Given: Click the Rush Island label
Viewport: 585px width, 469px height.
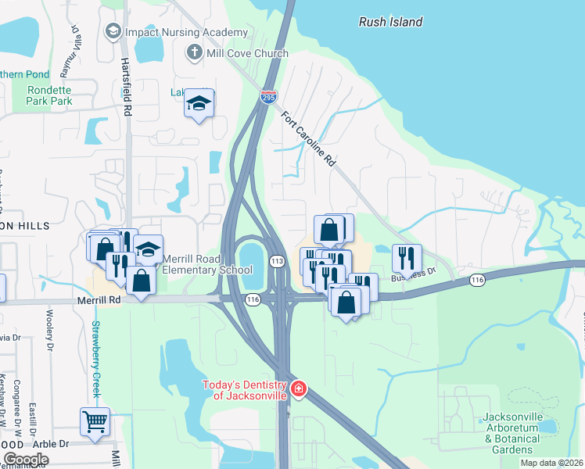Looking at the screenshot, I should coord(390,22).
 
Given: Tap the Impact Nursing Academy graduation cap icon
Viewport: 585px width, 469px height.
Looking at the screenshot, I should coord(112,31).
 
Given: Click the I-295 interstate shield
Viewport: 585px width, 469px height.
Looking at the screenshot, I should coord(268,96).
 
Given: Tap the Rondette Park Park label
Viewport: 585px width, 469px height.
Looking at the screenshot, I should coord(50,95).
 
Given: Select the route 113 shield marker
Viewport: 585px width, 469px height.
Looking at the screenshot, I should coord(276,260).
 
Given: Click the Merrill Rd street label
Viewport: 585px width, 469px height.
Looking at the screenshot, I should coord(99,299).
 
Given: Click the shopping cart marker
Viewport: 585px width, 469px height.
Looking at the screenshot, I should coord(95,422).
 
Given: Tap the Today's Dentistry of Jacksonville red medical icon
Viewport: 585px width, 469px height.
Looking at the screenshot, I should coord(297,388).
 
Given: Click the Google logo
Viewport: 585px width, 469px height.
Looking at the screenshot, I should coord(26,460).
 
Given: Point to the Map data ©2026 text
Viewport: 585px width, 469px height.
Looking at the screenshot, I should coord(551,463).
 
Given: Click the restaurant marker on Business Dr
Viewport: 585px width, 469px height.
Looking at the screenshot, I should coord(406,257).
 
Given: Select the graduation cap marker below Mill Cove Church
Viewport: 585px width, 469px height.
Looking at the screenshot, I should coord(199,103).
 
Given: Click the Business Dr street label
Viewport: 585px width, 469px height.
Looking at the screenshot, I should coord(413,274).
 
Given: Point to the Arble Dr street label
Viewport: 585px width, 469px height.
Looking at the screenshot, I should coord(53,443).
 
